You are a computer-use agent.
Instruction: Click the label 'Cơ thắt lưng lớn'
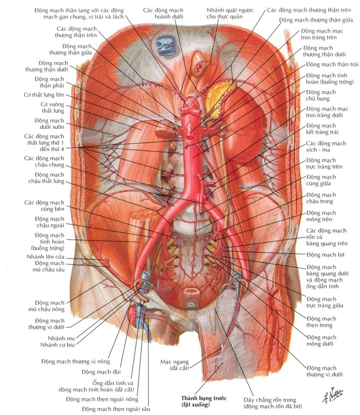44,95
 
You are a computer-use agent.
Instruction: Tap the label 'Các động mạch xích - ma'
326,146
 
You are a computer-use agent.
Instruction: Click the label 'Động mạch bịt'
325,255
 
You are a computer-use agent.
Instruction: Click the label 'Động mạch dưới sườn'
49,124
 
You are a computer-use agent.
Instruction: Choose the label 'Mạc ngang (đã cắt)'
174,365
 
